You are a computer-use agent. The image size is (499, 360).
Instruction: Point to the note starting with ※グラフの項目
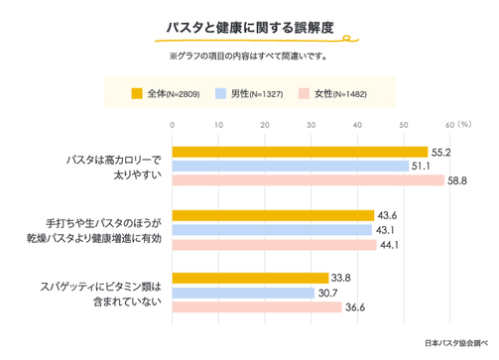coord(249,56)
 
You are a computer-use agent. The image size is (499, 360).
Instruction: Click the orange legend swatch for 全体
coord(138,93)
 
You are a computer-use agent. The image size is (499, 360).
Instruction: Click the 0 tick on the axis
coord(174,125)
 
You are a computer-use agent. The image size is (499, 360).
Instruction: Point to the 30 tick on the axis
coord(312,125)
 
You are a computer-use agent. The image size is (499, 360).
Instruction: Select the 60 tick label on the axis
coord(449,125)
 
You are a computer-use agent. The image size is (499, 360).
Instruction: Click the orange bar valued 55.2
coord(300,152)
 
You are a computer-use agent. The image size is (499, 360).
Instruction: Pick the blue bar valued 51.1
coord(291,166)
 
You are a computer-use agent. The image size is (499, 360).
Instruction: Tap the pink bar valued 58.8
coord(309,180)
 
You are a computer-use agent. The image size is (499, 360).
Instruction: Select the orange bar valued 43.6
coord(273,215)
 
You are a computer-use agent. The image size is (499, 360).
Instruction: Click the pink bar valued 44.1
coord(275,244)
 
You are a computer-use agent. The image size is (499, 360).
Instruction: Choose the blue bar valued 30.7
coord(244,293)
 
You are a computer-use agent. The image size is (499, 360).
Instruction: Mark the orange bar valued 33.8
coord(251,279)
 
